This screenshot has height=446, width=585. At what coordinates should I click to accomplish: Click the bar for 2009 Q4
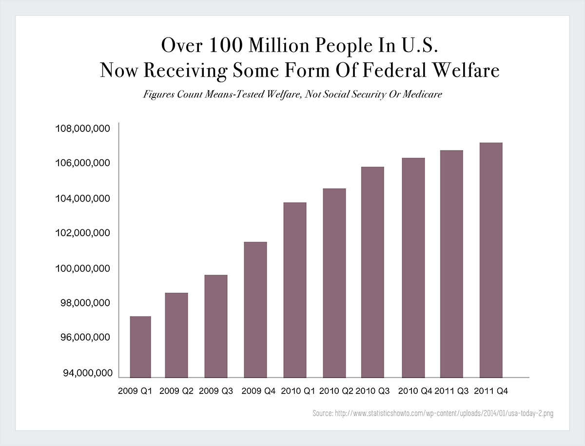255,309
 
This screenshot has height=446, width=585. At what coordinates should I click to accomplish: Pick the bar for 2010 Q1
294,289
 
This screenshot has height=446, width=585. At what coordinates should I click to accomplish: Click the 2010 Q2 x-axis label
336,391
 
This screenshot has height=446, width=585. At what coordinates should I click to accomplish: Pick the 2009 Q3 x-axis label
216,391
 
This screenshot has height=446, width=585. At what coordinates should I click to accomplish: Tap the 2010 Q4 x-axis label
415,391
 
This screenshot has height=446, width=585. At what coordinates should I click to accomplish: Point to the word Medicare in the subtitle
423,94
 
